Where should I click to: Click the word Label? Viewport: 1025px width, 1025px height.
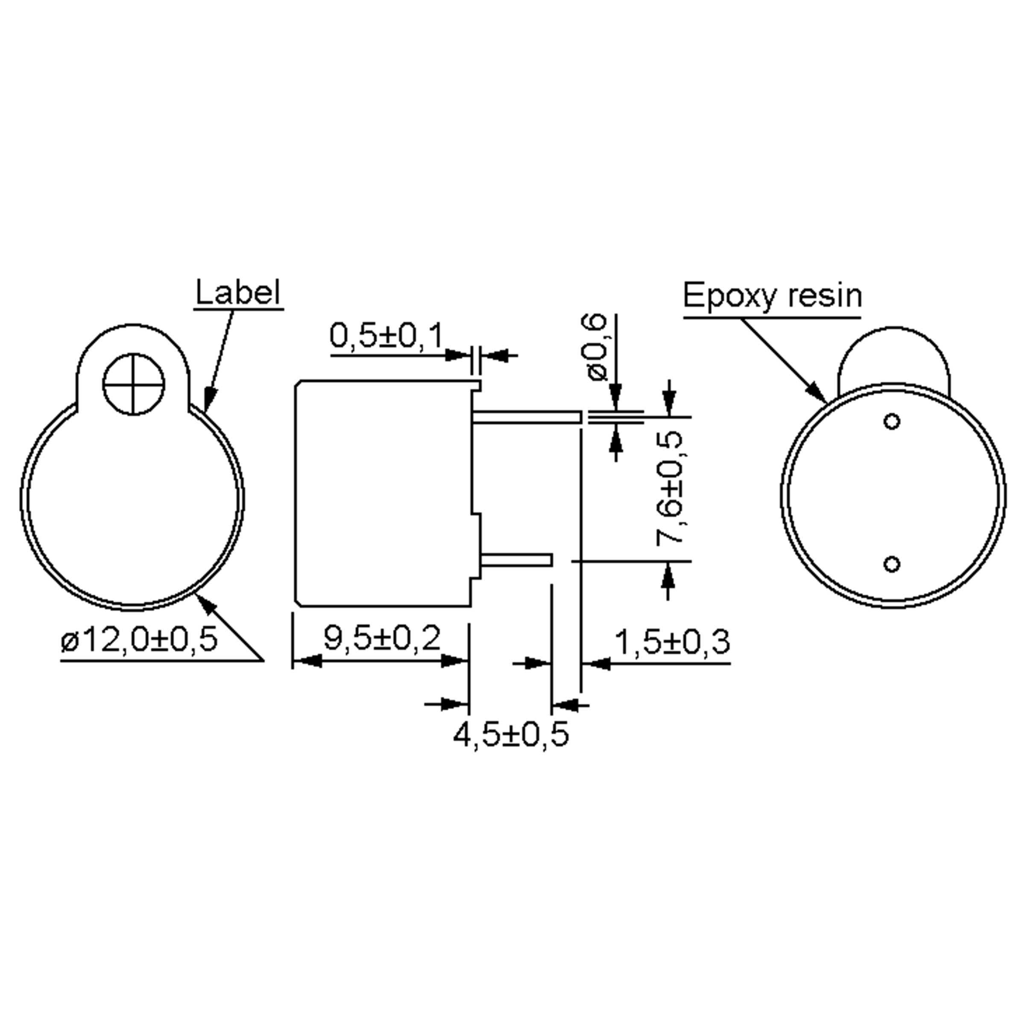(238, 293)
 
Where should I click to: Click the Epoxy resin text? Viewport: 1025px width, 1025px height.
(772, 296)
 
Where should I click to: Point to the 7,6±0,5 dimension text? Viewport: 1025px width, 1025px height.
(669, 488)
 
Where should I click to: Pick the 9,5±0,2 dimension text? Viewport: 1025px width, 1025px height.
(382, 638)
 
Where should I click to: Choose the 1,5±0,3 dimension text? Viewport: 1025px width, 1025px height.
(672, 642)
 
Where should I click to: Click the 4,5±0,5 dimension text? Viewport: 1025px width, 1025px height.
(510, 734)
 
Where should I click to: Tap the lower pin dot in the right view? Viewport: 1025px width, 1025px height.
(892, 563)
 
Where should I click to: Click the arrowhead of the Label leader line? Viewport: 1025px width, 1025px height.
(210, 398)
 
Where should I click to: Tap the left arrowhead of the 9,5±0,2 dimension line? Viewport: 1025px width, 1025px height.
(307, 661)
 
